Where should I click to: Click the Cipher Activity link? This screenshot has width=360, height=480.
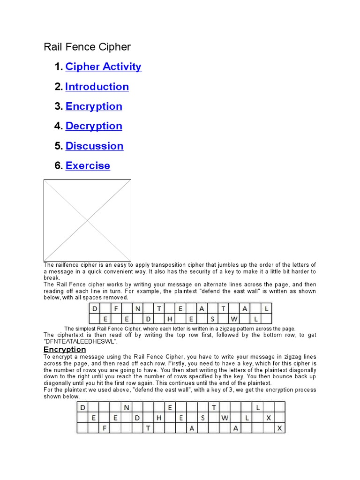coord(103,67)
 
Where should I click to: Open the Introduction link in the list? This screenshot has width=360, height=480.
coord(97,87)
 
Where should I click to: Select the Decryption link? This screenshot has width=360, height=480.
coord(94,126)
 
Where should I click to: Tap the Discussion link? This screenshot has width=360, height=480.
coord(94,146)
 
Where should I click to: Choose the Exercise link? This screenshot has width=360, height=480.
coord(88,165)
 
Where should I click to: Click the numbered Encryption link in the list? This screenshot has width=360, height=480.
coord(94,106)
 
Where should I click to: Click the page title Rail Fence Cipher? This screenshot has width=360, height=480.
coord(87,47)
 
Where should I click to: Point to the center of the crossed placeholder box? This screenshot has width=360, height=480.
coord(87,220)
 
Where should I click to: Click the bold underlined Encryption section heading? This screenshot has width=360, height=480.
coord(65,349)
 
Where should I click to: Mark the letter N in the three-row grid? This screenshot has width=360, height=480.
coord(126,407)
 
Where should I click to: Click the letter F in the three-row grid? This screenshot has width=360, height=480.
coord(104,427)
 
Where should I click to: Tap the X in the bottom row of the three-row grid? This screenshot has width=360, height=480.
coord(280,427)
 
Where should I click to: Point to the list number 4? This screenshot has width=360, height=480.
coord(58,126)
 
